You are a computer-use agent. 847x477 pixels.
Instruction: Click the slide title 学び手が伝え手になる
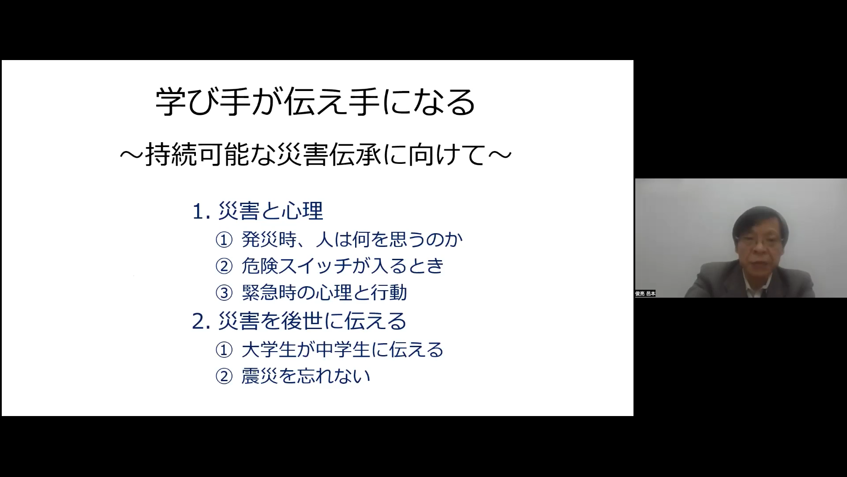coord(315,102)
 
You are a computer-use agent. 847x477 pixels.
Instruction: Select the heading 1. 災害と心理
coord(258,211)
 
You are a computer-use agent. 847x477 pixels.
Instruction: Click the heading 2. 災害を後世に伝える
coord(299,321)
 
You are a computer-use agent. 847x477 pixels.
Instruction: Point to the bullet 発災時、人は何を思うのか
coord(352,240)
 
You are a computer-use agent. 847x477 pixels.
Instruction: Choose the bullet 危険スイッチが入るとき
coord(343,266)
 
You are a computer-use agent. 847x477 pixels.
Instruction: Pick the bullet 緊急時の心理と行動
coord(324,292)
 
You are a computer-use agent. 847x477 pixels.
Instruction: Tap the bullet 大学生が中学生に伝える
coord(343,350)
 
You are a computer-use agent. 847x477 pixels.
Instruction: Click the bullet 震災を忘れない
coord(306,376)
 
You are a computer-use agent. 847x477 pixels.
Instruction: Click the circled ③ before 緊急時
coord(224,293)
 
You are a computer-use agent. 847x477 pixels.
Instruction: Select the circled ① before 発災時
coord(224,240)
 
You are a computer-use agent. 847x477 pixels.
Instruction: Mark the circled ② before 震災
coord(224,377)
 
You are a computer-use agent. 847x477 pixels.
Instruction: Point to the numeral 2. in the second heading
coord(201,322)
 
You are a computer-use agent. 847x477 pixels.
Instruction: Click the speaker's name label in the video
coord(645,294)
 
